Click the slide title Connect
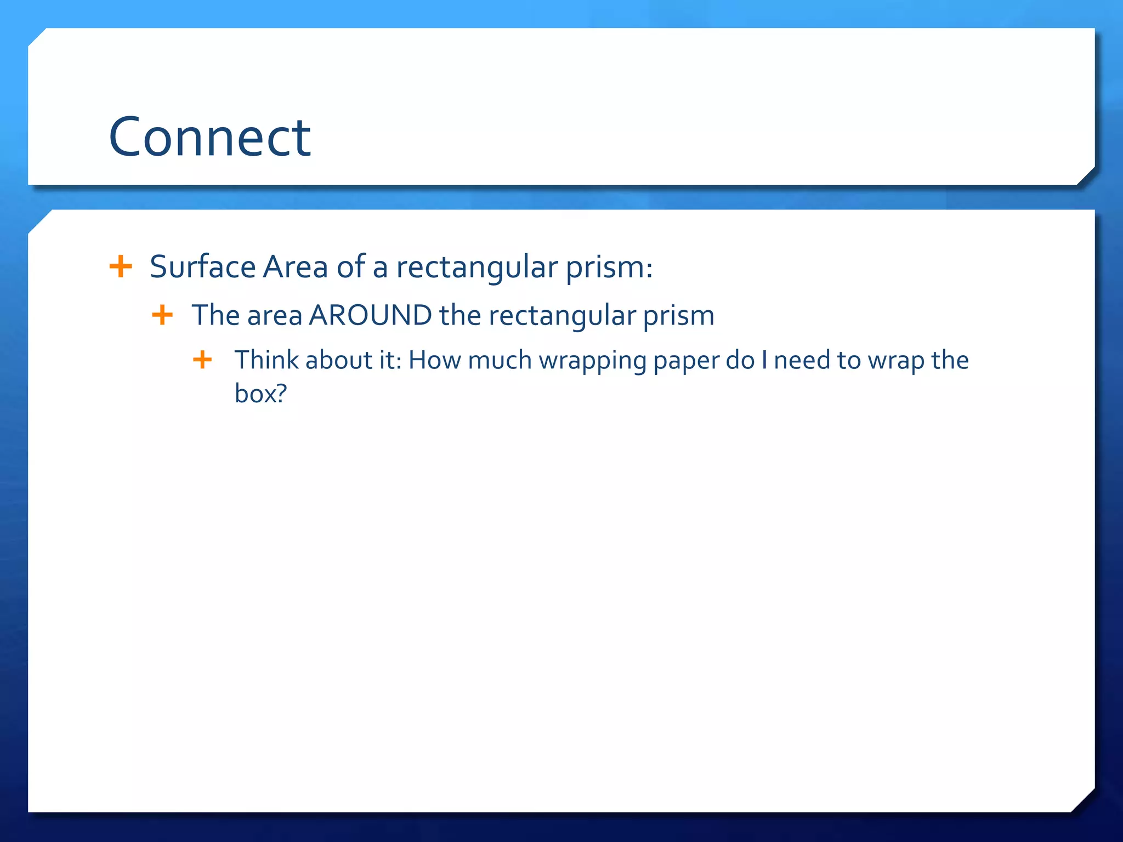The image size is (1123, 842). click(210, 137)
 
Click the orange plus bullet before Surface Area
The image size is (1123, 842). click(121, 267)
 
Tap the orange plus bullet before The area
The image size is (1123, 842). click(162, 315)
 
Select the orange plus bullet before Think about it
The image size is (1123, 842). click(202, 360)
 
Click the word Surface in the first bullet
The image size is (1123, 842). click(202, 267)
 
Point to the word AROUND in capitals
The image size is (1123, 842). click(370, 316)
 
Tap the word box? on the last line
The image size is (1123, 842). click(260, 394)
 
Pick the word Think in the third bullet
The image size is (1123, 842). click(266, 360)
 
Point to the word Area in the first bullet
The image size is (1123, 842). click(295, 267)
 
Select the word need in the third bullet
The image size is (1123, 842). click(802, 360)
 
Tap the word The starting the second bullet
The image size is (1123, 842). click(216, 316)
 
